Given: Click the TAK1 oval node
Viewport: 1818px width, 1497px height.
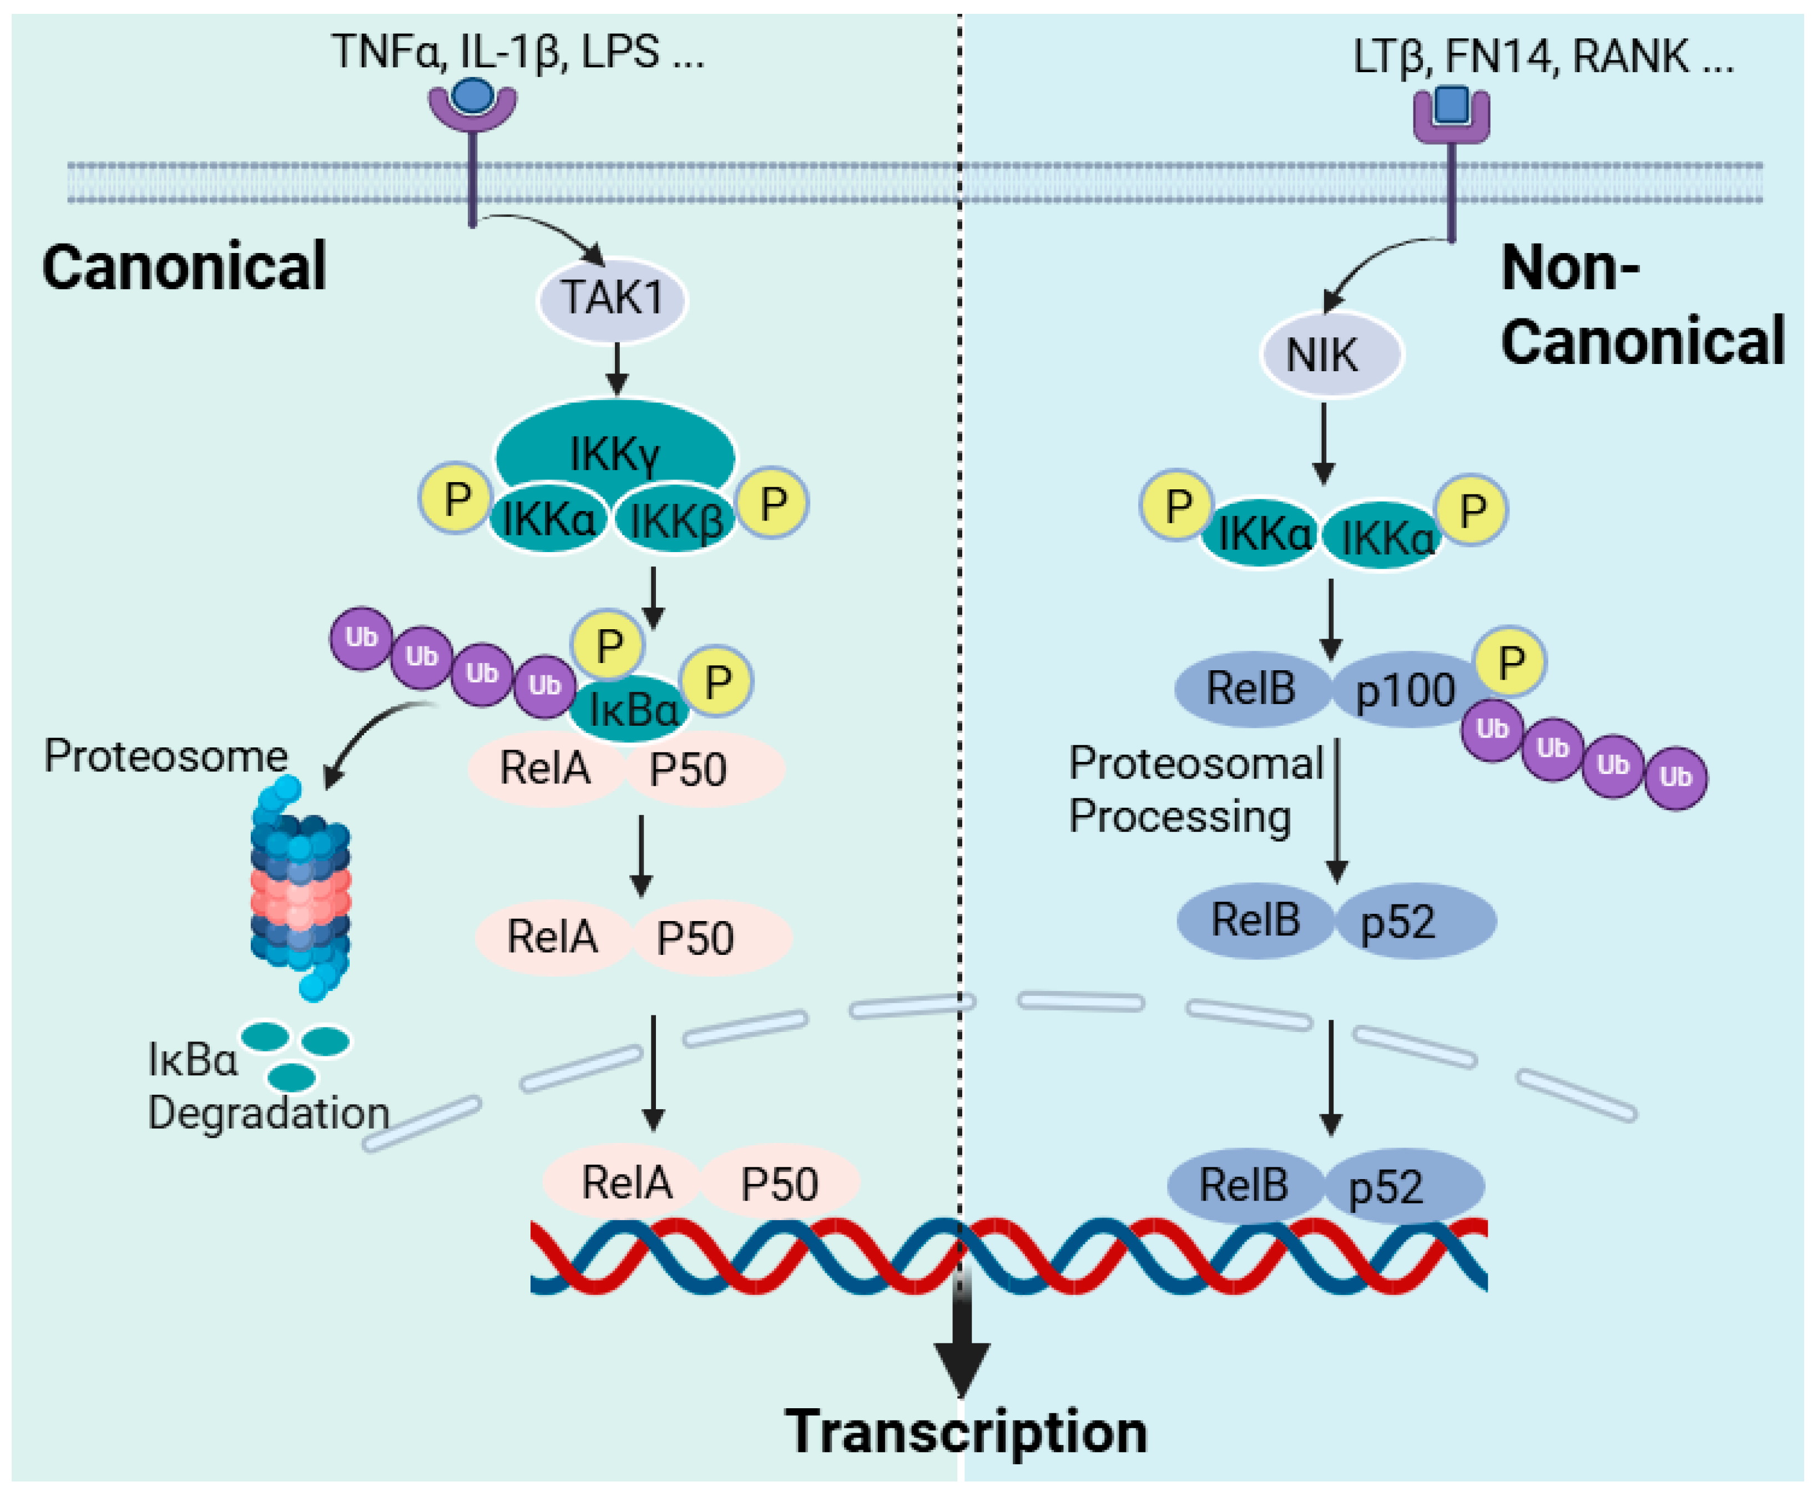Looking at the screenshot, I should (612, 299).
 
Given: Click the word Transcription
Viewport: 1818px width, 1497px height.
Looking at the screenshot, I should (966, 1432).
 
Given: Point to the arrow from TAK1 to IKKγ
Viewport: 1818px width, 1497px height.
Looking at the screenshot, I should (616, 369).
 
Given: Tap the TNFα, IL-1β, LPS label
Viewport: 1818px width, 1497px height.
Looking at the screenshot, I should (517, 52).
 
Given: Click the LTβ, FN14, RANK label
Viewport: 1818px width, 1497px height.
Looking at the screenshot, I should (1543, 57).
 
